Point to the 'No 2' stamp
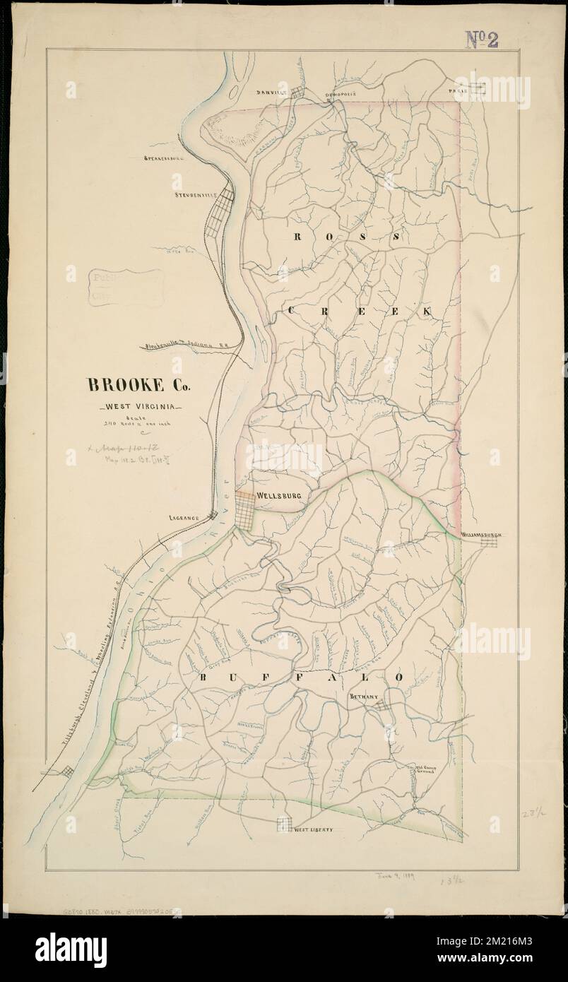[x=482, y=40]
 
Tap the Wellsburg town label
[x=280, y=496]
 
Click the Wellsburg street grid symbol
[x=245, y=509]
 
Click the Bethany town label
[x=365, y=697]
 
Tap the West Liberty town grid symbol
[x=284, y=824]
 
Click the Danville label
[x=272, y=93]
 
